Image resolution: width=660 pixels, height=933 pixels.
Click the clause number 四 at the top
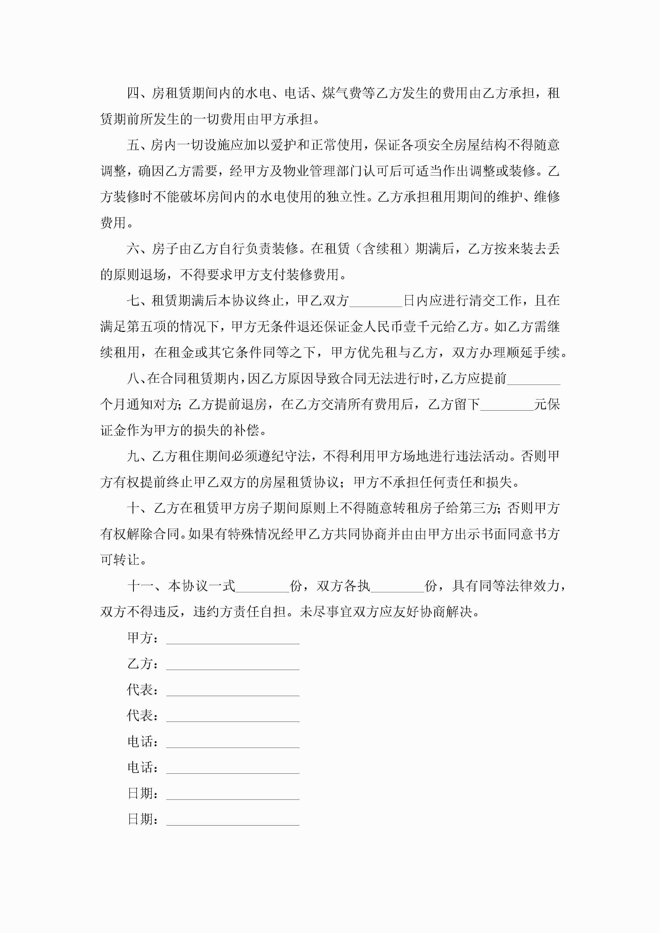[133, 93]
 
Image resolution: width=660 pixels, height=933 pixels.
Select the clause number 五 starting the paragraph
[133, 145]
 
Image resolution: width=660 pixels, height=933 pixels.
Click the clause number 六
[133, 249]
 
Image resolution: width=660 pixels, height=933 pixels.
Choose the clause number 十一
[140, 586]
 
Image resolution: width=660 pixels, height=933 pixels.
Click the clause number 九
[133, 456]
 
